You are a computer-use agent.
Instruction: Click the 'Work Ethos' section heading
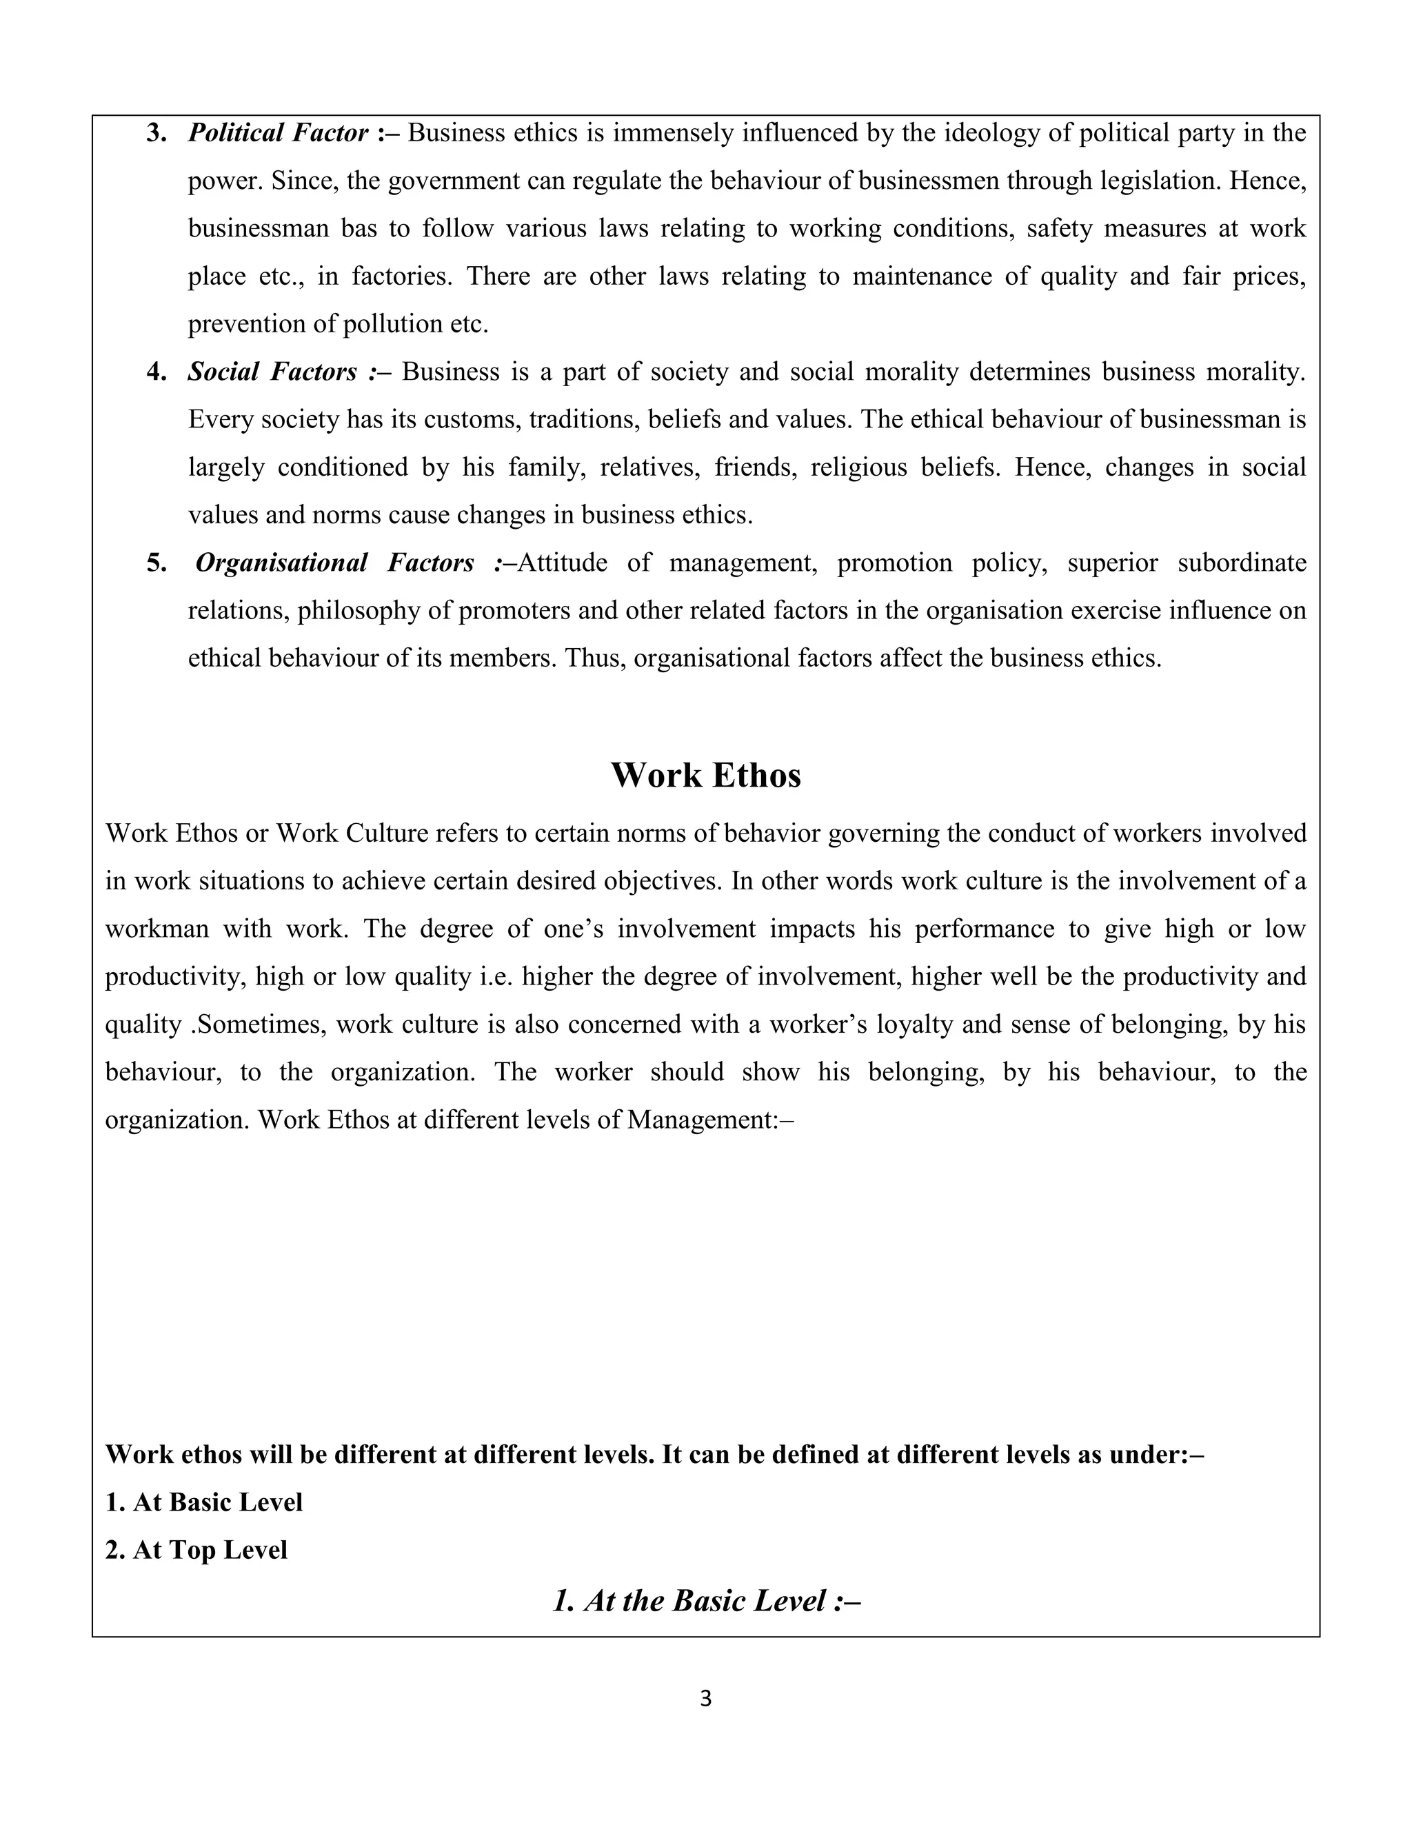(x=705, y=776)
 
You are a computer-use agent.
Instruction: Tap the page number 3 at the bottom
(x=705, y=1699)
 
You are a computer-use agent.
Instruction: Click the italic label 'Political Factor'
(x=278, y=133)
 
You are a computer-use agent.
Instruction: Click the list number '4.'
(x=157, y=372)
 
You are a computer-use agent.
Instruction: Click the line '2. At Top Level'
(x=196, y=1550)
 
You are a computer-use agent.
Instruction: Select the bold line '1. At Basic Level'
(x=203, y=1502)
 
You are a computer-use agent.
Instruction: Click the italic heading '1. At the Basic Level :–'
(x=706, y=1600)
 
